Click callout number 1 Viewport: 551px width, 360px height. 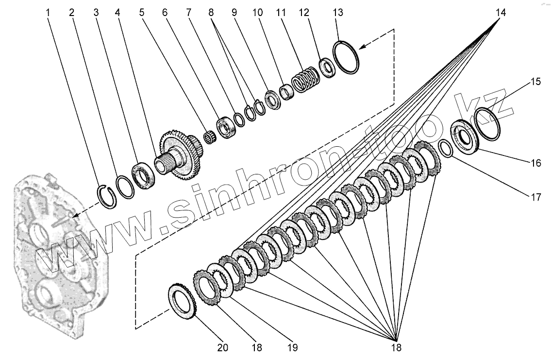pos(48,13)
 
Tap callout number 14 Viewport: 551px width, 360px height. pos(501,13)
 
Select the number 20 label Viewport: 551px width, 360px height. pos(223,347)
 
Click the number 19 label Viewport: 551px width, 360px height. pos(292,347)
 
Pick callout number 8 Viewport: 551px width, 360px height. pos(211,13)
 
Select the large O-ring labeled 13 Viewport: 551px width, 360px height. pos(346,57)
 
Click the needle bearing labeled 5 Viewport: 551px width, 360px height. pos(211,137)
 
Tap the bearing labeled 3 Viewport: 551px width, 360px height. pos(144,175)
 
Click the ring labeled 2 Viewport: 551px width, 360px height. pos(125,187)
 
